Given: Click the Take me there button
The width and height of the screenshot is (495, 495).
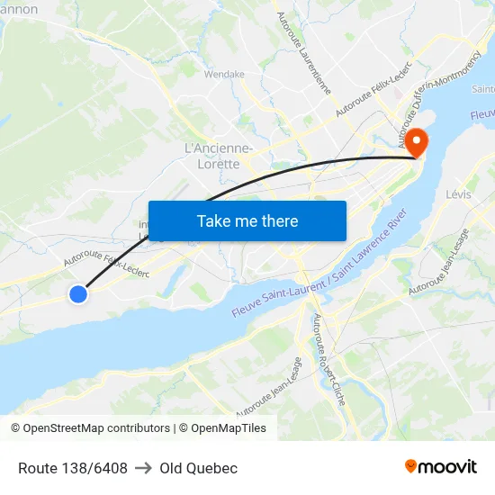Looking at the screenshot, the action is [x=247, y=220].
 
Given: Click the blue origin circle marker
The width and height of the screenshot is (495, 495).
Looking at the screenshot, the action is [x=78, y=293].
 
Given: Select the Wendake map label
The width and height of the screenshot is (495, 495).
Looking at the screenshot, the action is [x=225, y=75].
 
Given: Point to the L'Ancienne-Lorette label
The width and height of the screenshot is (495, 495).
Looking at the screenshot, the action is [x=219, y=156].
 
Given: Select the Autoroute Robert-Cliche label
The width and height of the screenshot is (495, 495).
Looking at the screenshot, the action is [x=328, y=359].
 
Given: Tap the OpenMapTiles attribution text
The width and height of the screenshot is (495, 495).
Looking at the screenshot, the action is [x=222, y=428].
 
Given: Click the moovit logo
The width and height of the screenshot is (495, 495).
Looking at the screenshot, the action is [x=440, y=467].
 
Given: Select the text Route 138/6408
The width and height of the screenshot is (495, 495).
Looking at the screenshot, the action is [x=73, y=468].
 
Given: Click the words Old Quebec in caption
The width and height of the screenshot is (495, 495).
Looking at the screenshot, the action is [x=198, y=468].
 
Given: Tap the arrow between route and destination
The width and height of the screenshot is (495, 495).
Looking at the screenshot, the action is [x=143, y=468].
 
